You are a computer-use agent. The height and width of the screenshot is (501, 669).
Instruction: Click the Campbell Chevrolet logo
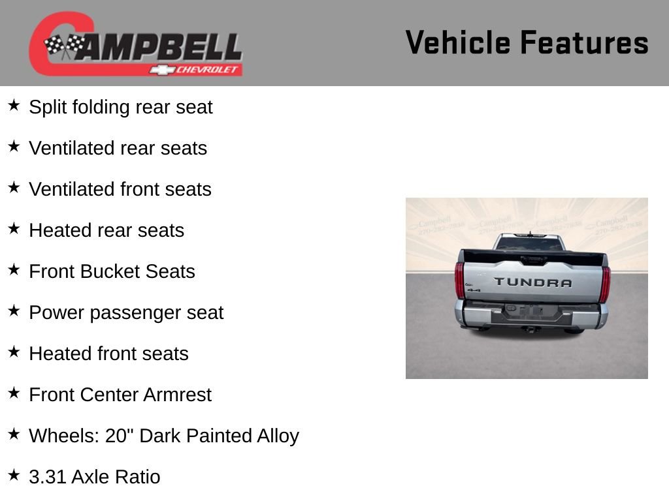[135, 44]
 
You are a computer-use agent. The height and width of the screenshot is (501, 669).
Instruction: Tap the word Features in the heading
[584, 42]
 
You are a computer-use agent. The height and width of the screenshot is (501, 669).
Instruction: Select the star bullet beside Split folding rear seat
[14, 105]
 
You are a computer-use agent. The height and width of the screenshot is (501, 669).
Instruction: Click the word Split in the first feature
[47, 107]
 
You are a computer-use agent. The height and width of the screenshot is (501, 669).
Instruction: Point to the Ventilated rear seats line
[118, 148]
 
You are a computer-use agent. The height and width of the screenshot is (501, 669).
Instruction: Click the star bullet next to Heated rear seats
[14, 228]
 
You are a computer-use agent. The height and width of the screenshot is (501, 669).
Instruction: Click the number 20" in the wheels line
[120, 435]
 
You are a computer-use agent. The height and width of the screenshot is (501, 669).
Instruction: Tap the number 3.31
[47, 477]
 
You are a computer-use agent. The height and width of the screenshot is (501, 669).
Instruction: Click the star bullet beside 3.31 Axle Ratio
[14, 475]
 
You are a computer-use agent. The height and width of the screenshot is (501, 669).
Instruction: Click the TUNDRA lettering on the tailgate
[532, 282]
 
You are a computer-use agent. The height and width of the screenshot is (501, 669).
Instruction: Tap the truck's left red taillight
[460, 281]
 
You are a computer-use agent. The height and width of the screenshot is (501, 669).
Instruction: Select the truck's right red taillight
[605, 284]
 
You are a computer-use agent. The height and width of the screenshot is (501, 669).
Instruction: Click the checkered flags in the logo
[64, 46]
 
